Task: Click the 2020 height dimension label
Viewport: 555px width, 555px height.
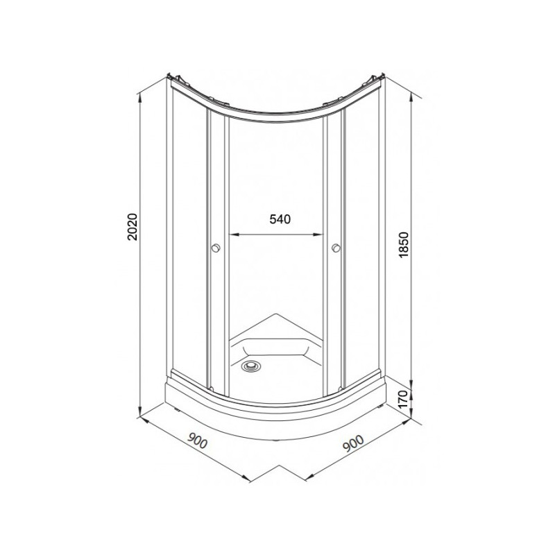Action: point(133,228)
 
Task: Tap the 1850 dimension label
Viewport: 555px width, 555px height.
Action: point(404,245)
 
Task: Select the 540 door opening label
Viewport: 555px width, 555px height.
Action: point(280,219)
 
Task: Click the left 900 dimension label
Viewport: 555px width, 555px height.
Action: point(197,441)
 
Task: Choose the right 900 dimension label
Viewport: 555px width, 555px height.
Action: point(353,443)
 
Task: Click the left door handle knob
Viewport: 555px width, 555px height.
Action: point(216,248)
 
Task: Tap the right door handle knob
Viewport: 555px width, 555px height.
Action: point(336,248)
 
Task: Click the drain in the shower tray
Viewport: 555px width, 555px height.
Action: point(250,366)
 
